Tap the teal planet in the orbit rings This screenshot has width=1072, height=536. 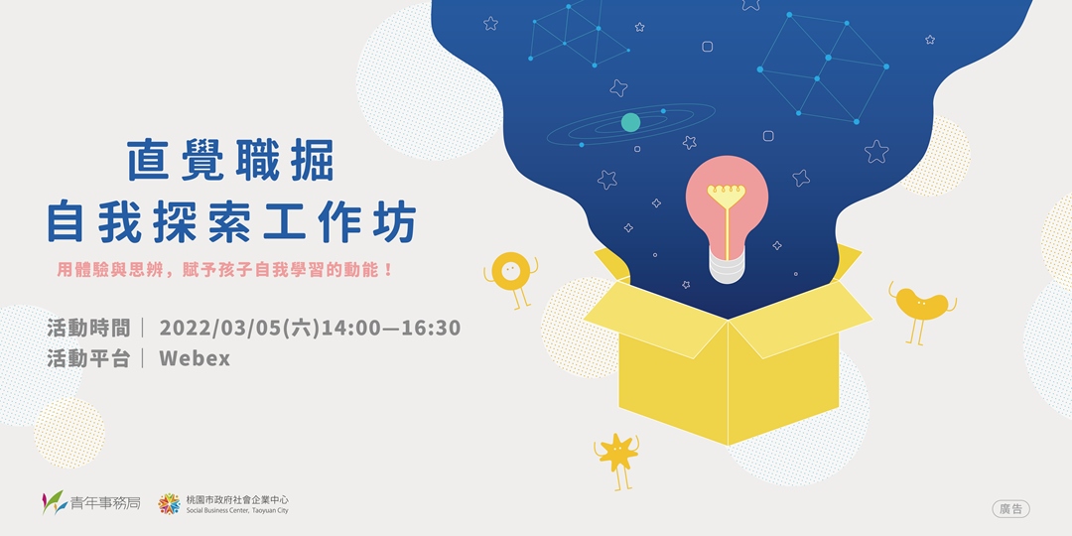pyautogui.click(x=630, y=122)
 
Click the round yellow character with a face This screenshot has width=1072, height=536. pyautogui.click(x=510, y=269)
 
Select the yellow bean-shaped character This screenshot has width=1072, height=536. pyautogui.click(x=919, y=304)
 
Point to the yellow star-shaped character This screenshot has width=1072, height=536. pyautogui.click(x=617, y=454)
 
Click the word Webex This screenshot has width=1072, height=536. pyautogui.click(x=195, y=358)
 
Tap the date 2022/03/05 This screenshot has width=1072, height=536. pyautogui.click(x=220, y=328)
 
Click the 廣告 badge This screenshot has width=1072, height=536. pyautogui.click(x=1010, y=509)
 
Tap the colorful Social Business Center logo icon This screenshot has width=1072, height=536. pyautogui.click(x=170, y=503)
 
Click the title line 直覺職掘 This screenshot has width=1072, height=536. pyautogui.click(x=230, y=161)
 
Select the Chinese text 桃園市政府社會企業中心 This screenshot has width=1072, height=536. pyautogui.click(x=237, y=498)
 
